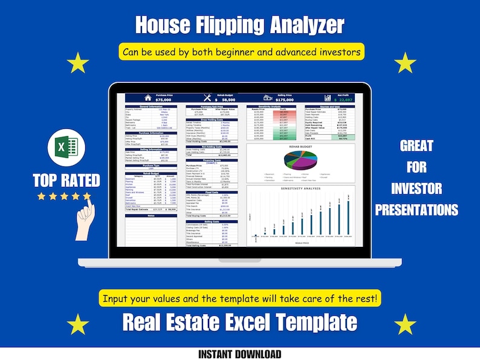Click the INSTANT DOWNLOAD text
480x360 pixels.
pos(239,354)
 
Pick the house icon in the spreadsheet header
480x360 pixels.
pos(147,97)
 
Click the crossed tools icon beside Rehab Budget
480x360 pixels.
pos(206,97)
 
